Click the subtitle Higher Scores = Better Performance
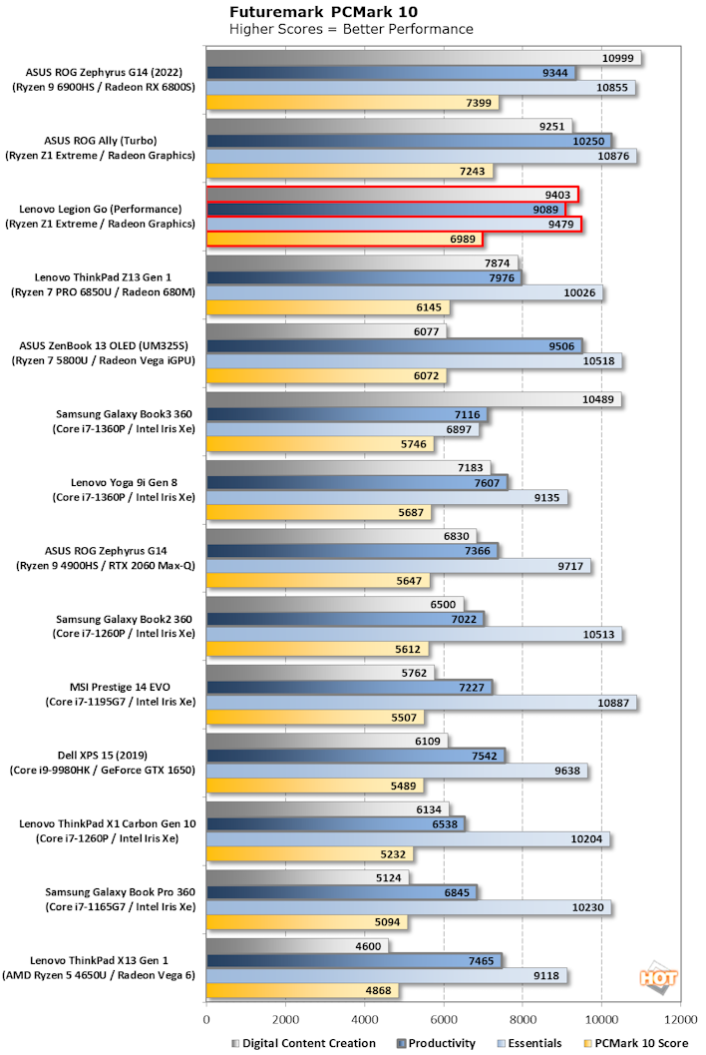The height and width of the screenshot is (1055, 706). point(352,29)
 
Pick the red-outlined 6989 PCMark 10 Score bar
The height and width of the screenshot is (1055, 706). point(344,239)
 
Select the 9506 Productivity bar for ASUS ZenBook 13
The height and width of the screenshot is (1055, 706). point(394,346)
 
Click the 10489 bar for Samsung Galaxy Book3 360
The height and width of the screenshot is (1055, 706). point(414,399)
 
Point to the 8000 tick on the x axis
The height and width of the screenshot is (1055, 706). point(523,1020)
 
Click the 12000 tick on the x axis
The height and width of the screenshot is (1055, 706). point(680,1020)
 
